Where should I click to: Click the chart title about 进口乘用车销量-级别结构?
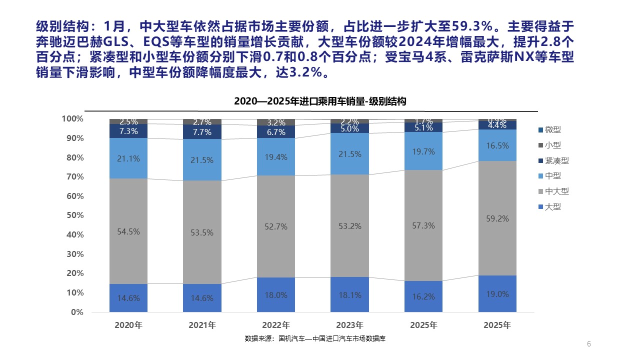(x=320, y=101)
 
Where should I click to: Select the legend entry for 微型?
(x=552, y=130)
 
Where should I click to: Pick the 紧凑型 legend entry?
(x=556, y=161)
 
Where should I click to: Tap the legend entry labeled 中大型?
(x=556, y=191)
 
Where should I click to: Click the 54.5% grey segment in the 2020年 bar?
(x=128, y=231)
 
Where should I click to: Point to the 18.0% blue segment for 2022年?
(x=276, y=295)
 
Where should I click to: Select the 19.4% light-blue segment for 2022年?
(x=276, y=156)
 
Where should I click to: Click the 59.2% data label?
(x=497, y=218)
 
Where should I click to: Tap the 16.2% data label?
(x=423, y=296)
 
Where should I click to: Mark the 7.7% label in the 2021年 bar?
(x=202, y=132)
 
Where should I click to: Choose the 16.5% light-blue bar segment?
(x=497, y=145)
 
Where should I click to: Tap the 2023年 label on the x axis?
(x=349, y=325)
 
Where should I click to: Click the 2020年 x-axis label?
(x=128, y=325)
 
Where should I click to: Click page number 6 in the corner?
(x=589, y=343)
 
